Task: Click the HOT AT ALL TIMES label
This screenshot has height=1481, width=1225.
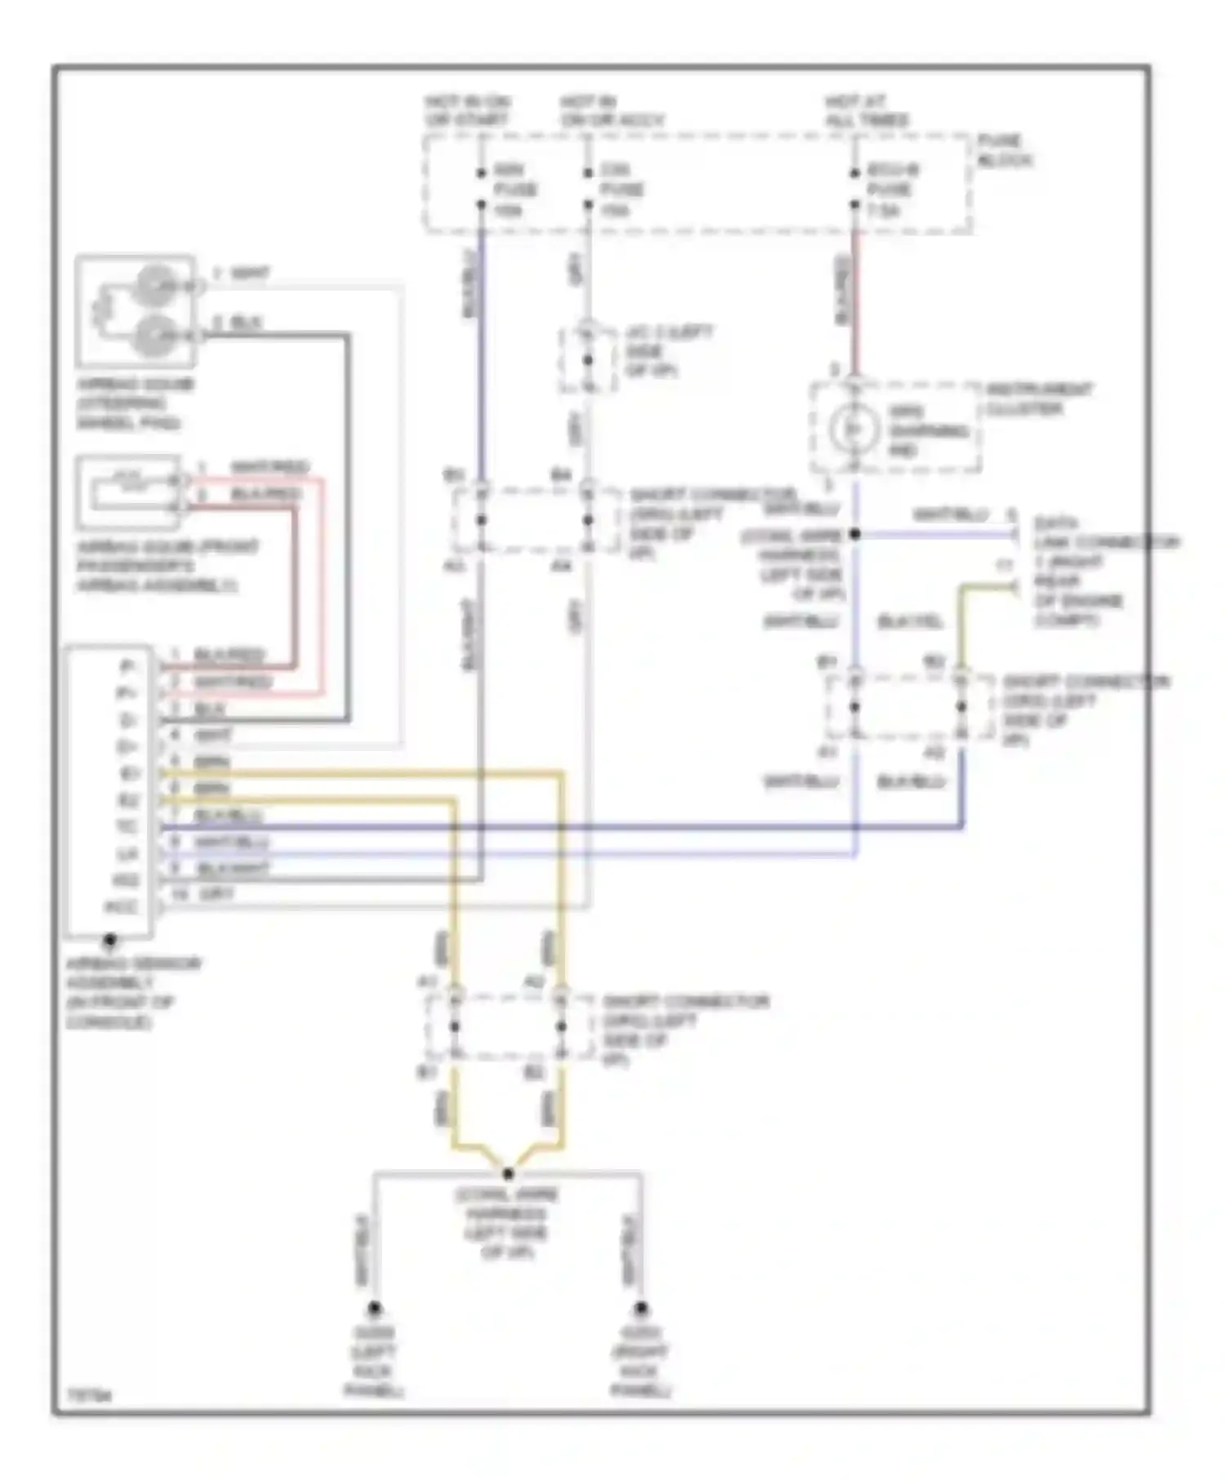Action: coord(866,111)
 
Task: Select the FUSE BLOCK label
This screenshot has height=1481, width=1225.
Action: coord(1004,150)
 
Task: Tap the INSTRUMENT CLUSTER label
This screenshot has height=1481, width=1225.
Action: coord(1037,399)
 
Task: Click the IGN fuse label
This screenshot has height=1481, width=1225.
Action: coord(514,189)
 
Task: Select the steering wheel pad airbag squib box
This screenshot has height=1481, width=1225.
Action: coord(135,311)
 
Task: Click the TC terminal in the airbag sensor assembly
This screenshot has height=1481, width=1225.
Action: coord(126,827)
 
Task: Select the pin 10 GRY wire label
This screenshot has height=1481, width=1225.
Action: coord(204,895)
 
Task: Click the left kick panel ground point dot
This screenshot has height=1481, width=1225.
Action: coord(374,1309)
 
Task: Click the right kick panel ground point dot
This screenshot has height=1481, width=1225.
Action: coord(641,1309)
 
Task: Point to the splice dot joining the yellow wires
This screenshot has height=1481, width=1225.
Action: coord(508,1173)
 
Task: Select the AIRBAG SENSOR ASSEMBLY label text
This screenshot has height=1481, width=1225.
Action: coord(131,993)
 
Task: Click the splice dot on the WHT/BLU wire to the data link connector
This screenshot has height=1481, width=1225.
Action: coord(855,534)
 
